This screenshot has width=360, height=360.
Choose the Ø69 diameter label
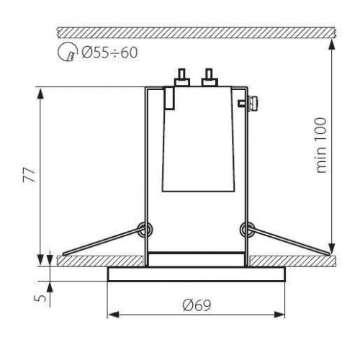(195, 304)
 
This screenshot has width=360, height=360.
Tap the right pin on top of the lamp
(210, 76)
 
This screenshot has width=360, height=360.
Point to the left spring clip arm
(101, 242)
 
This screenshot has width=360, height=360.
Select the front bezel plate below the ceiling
(195, 274)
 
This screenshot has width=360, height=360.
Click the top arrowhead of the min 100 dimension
(332, 42)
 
